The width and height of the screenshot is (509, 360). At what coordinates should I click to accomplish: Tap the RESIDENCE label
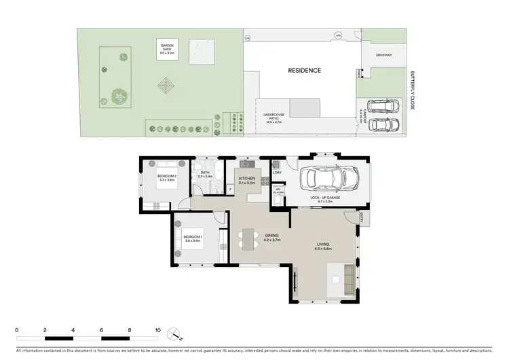304,70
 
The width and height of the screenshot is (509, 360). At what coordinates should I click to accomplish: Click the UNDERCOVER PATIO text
274,118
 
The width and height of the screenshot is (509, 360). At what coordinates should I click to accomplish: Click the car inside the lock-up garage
332,179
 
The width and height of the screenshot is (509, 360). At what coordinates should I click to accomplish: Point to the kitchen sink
246,164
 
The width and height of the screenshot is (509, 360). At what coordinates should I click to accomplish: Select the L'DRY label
277,173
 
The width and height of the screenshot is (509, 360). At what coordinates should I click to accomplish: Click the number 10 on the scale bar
157,331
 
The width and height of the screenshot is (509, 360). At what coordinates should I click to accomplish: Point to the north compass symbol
176,334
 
